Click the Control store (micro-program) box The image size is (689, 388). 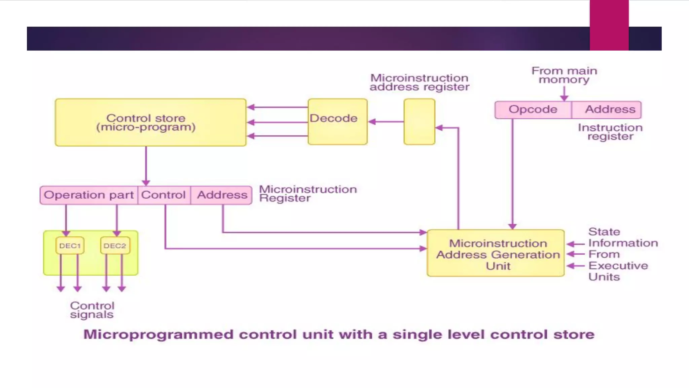coord(150,122)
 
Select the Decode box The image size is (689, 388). coord(337,122)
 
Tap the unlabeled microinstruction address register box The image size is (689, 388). coord(419,122)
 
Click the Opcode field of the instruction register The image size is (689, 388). coord(533,109)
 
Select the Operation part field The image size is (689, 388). coord(88,195)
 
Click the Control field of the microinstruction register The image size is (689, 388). coord(164,195)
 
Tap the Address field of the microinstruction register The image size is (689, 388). coord(222,195)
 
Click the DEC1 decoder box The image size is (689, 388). coord(70,246)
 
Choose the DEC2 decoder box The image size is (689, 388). coord(115,246)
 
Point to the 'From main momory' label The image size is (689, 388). coord(564,75)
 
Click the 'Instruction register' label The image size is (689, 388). coord(610,132)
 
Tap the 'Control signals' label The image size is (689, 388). coord(92,310)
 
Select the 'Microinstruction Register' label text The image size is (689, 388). coord(307,194)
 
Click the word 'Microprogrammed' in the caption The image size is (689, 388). coord(158,334)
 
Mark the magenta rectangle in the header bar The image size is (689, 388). coord(609,25)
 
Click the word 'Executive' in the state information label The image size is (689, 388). coord(618,265)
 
